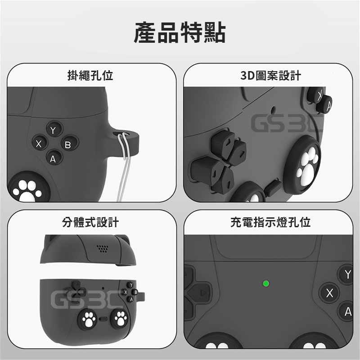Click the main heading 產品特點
coord(180,32)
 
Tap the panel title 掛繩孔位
coord(90,75)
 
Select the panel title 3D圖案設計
coord(271,76)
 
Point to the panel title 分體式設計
coord(90,222)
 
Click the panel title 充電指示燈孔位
coord(270,222)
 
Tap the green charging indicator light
coord(266,283)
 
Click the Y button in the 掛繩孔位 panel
coord(54,130)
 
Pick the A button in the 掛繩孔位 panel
coord(54,158)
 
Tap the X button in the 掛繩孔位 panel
coord(40,143)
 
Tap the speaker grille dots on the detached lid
coord(103,248)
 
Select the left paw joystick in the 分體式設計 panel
coord(88,319)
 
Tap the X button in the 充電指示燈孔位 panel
coord(330,293)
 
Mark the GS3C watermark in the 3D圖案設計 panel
coord(287,124)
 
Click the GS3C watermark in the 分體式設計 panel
coord(87,300)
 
